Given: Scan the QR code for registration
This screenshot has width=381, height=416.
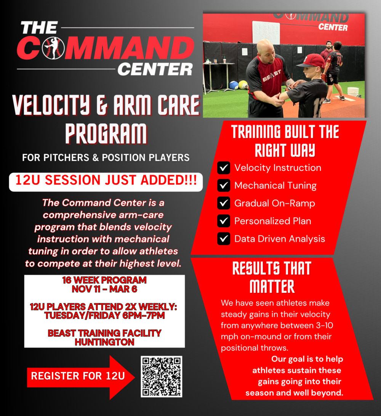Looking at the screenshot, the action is pos(162,376).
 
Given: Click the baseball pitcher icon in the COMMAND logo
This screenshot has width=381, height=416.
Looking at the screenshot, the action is pos(54,48).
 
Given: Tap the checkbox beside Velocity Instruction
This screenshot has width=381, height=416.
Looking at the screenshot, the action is pos(224,168).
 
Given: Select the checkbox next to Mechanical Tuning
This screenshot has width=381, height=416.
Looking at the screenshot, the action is pos(224,185).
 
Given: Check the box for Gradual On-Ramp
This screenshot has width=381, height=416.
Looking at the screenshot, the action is pos(224,203).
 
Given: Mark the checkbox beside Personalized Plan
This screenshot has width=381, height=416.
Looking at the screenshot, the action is pos(224,221).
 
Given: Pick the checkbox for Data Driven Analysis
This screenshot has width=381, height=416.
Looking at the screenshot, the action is pos(224,239).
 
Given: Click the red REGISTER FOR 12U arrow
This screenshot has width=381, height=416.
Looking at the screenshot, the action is pos(81,377).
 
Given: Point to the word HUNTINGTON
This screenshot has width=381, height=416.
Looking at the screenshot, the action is pos(104,342).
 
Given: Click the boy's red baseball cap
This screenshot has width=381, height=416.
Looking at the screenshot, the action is pos(312,61).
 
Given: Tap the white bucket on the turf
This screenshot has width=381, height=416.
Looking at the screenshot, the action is pos(353,92).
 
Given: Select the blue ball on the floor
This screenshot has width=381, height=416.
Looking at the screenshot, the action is pos(234,85).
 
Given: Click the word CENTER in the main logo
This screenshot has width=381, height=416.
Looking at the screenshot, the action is pos(155,69).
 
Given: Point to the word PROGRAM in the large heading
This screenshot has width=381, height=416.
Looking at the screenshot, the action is pos(106,133).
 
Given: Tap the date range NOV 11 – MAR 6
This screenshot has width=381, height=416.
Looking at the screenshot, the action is pos(104,289).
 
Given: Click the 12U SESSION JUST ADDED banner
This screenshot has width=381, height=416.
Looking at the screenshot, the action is pos(106,182).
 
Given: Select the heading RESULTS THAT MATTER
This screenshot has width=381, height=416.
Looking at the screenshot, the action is pos(272,277).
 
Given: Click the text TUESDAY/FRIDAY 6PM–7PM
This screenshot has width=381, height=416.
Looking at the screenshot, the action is pos(104,315).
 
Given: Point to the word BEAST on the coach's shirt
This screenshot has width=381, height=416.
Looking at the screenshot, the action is pos(272,75).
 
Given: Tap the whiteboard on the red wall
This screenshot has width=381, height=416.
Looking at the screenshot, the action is pos(266,32).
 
